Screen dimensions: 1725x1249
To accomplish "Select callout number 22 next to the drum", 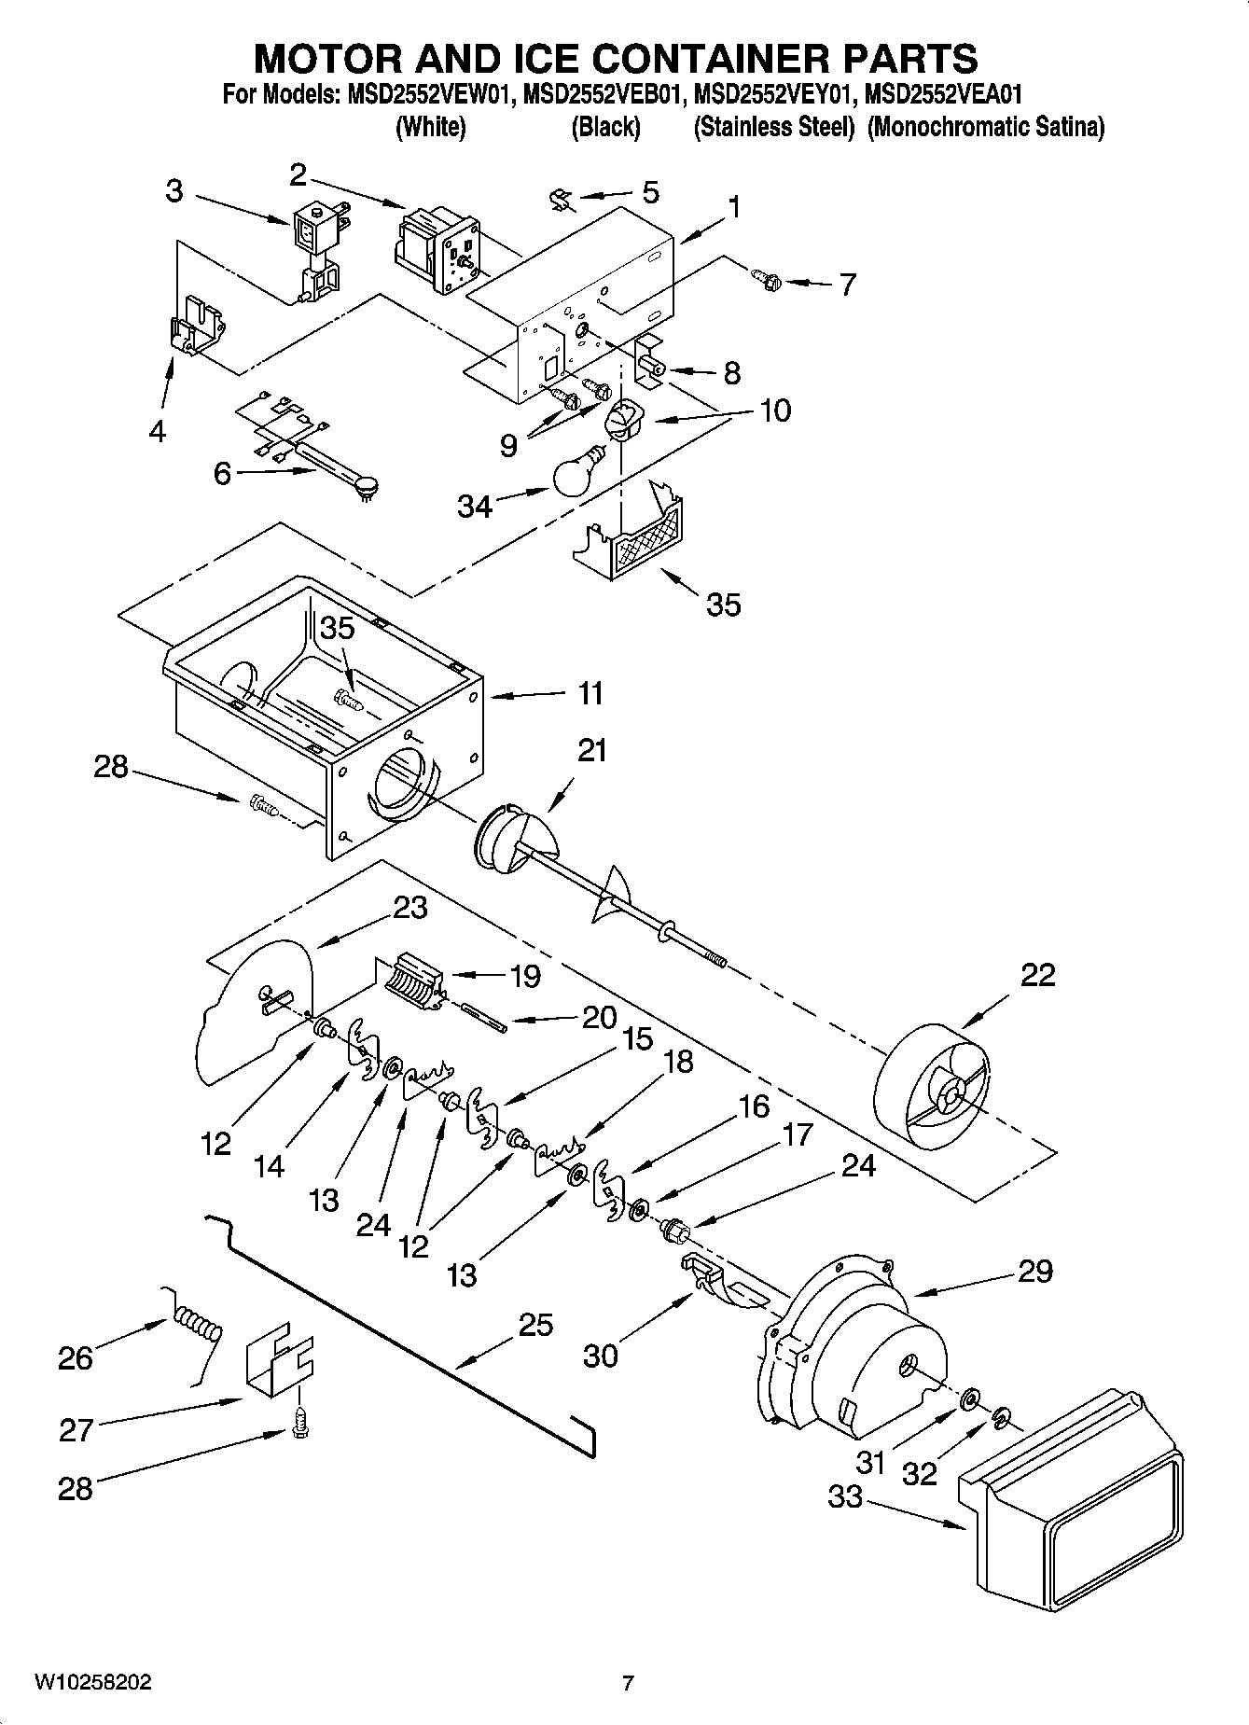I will click(x=1037, y=975).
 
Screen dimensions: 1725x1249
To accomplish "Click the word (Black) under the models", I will click(x=605, y=127).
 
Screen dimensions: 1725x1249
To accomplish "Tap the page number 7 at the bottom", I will click(x=628, y=1683).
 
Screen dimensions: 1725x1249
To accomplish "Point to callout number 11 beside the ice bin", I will click(x=590, y=693).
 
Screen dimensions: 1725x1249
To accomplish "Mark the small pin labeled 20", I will click(x=483, y=1016).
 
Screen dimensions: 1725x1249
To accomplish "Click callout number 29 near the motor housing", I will click(x=1034, y=1271).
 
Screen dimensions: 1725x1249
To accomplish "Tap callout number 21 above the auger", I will click(x=592, y=750).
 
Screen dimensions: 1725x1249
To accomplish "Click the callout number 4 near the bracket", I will click(x=158, y=431).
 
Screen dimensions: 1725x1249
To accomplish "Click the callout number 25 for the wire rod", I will click(x=535, y=1325).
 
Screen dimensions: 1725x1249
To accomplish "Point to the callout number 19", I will click(x=525, y=976).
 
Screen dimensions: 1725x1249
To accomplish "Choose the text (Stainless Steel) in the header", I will click(x=773, y=127).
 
